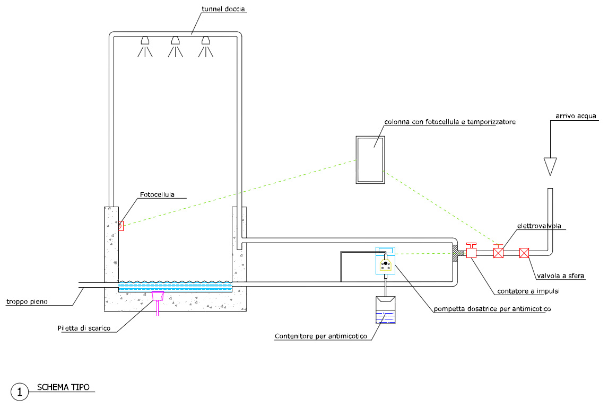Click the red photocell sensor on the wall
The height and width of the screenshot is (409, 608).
tap(121, 226)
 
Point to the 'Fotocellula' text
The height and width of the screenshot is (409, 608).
tap(158, 194)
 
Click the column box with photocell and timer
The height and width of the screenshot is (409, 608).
tap(370, 159)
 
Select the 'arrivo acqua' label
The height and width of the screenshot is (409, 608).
tap(576, 115)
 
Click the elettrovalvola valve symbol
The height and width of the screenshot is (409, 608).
tap(498, 253)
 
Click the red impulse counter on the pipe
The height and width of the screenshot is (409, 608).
tap(471, 251)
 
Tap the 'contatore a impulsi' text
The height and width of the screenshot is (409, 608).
tap(528, 291)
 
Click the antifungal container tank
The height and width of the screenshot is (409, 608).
tap(386, 311)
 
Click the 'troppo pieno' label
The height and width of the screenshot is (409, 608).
tap(27, 302)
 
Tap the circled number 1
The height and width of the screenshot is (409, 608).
tap(20, 392)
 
